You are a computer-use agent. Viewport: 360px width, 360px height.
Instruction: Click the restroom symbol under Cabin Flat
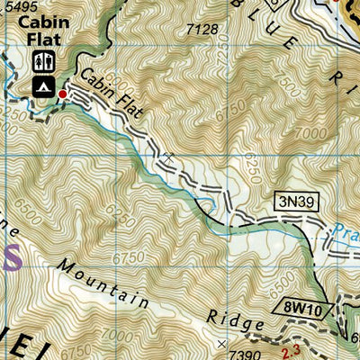coord(40,61)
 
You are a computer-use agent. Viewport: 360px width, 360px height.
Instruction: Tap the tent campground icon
coord(40,86)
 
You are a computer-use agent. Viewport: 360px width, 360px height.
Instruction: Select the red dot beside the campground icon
coord(62,94)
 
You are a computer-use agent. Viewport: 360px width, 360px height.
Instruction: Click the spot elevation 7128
coord(202,31)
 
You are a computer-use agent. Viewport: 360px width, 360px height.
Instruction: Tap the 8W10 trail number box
coord(307,308)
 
